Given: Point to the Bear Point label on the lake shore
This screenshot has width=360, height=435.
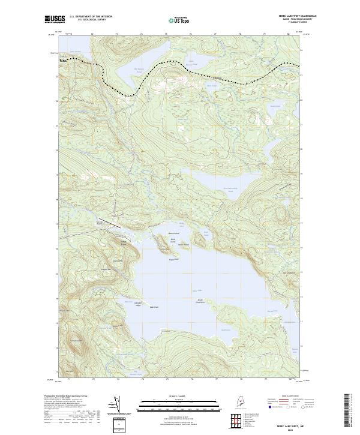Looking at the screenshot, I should pyautogui.click(x=154, y=307).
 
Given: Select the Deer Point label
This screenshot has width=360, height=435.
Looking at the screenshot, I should pyautogui.click(x=174, y=260).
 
